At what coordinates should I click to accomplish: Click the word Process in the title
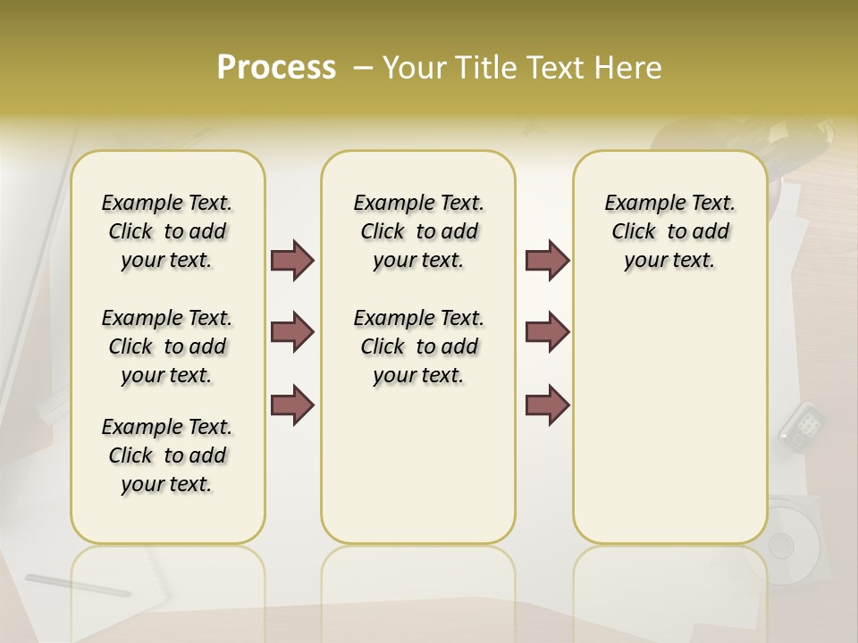pos(276,68)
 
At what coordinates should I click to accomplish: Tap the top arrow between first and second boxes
pos(292,260)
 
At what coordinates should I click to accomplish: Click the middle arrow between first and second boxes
pos(292,332)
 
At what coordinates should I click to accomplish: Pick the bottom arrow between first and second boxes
pos(292,405)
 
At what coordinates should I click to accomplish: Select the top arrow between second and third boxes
pos(547,260)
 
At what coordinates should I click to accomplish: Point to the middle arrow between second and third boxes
pos(547,332)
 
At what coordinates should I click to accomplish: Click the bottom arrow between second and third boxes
pos(547,405)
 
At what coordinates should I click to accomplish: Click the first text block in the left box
pos(167,231)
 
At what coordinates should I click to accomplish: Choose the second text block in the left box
pos(167,347)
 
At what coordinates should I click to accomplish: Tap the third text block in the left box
pos(167,455)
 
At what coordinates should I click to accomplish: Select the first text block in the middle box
pos(418,231)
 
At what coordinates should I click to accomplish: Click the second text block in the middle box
pos(418,347)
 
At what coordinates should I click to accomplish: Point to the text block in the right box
pos(670,231)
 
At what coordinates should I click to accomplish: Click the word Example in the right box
pos(638,203)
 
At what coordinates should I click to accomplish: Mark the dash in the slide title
pos(364,68)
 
